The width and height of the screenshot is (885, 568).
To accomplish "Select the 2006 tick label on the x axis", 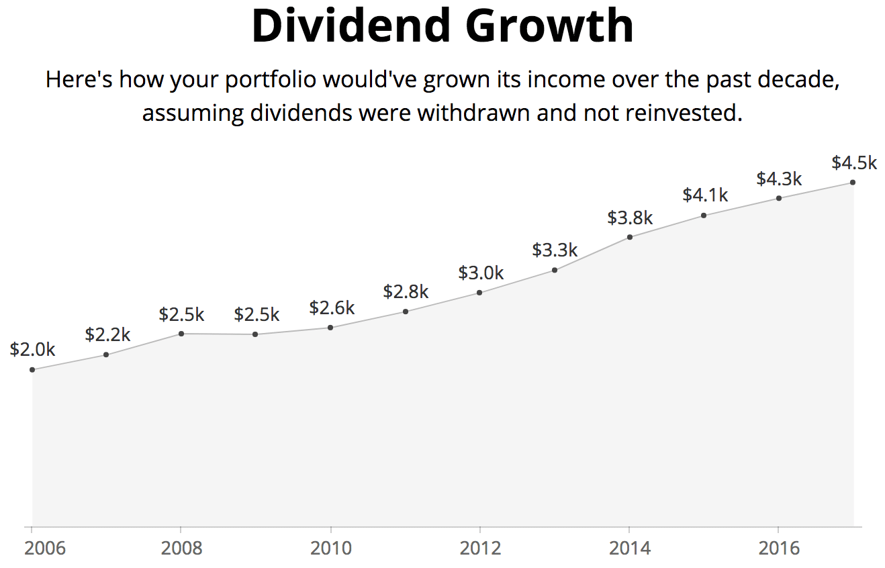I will coord(46,548).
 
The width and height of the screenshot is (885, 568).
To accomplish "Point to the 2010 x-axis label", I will coord(330,548).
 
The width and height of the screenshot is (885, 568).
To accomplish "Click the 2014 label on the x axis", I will coord(630,548).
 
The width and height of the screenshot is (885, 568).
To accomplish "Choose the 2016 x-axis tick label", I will coord(779,548).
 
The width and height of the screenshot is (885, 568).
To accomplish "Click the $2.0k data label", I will coord(32,349).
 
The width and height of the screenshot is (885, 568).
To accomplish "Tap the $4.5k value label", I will coord(854,162).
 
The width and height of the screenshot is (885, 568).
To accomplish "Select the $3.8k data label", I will coord(630,218).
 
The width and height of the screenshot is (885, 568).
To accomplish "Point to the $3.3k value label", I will coord(555,250).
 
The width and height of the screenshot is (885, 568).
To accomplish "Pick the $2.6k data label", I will coord(332,307).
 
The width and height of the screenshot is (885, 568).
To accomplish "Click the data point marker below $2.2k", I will coord(106,354).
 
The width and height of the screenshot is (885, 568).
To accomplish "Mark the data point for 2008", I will coord(181,334).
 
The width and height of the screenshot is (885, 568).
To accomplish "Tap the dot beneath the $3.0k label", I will coord(479,293).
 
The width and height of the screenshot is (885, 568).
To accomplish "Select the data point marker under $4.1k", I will coord(704,216).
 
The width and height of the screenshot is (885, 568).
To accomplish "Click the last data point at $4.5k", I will coord(853,182).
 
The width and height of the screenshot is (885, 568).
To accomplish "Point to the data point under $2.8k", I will coord(406,312).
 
